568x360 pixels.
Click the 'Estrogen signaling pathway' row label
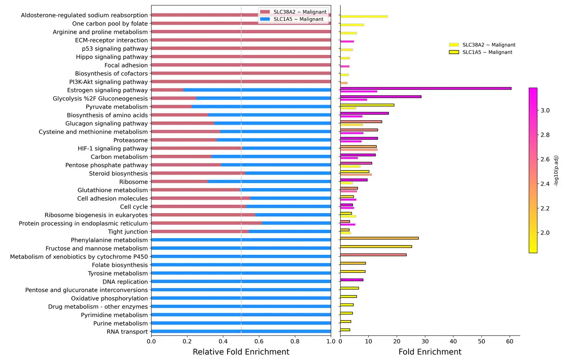(x=107, y=90)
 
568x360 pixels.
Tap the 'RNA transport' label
(x=127, y=332)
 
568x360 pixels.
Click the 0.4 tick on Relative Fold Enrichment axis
(x=223, y=341)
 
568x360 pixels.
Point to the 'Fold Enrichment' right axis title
(x=429, y=352)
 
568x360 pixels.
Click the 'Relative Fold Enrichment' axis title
(x=241, y=352)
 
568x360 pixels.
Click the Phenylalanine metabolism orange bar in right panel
(x=379, y=238)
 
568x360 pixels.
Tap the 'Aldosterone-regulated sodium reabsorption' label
(x=84, y=15)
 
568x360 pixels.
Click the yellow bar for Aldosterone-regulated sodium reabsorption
(x=364, y=16)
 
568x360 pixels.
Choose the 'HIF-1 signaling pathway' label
(x=113, y=149)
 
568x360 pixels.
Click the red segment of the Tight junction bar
(x=199, y=231)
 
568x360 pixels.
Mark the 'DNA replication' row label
(x=125, y=282)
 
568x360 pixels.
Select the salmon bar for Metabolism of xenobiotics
(x=373, y=255)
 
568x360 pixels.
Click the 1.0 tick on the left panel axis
(x=331, y=341)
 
